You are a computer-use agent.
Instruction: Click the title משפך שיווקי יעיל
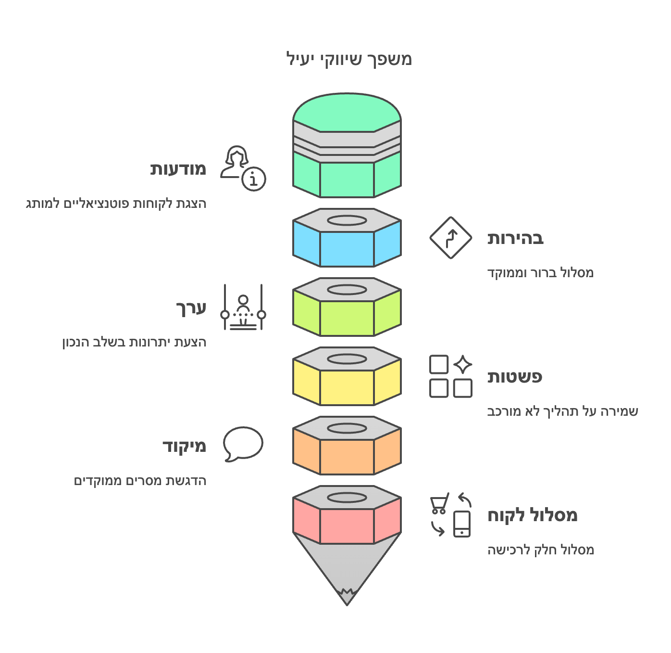349,59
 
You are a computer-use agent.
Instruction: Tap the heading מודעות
178,169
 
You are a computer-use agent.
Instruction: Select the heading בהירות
515,238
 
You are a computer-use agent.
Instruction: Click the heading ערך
191,307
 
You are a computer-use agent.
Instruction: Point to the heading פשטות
515,377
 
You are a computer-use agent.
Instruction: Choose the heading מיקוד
184,446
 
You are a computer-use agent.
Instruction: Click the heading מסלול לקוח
533,515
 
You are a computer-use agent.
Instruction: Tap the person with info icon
243,168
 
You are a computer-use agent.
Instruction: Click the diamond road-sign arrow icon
450,238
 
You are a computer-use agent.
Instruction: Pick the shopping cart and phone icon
450,515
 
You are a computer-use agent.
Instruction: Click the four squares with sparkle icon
450,376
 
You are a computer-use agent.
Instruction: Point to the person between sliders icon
243,307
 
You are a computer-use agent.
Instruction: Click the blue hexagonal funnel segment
347,248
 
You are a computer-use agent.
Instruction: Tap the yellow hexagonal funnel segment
347,387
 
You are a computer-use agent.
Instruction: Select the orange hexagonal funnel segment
347,456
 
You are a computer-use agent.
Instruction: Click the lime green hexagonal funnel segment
347,318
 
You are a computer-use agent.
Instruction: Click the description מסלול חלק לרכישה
541,550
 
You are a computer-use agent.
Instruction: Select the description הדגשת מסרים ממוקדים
140,481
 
